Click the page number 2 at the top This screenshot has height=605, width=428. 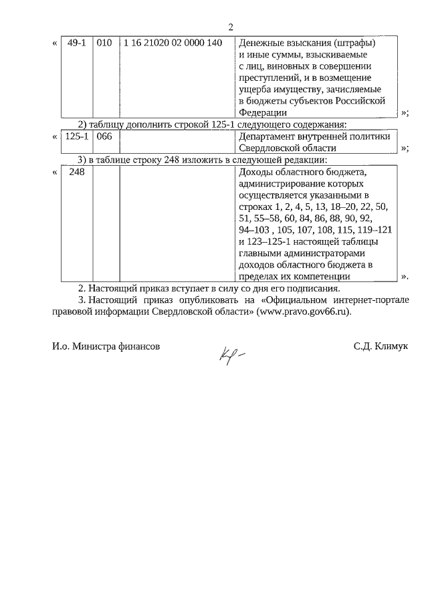coord(230,27)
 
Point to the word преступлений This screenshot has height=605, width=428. coord(271,78)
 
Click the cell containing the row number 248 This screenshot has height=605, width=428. coord(76,172)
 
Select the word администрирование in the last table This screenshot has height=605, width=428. coord(279,183)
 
